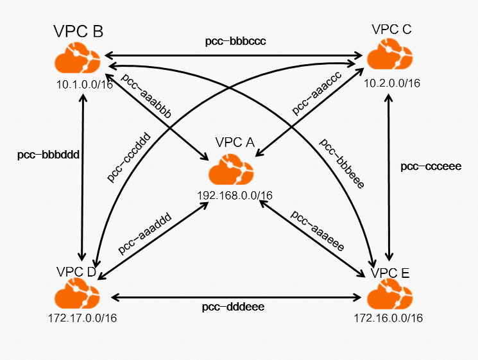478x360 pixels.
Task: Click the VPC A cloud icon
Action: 231,171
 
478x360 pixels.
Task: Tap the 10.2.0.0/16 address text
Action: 391,83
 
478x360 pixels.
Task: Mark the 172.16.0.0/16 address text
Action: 388,318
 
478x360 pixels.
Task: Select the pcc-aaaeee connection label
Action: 317,230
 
